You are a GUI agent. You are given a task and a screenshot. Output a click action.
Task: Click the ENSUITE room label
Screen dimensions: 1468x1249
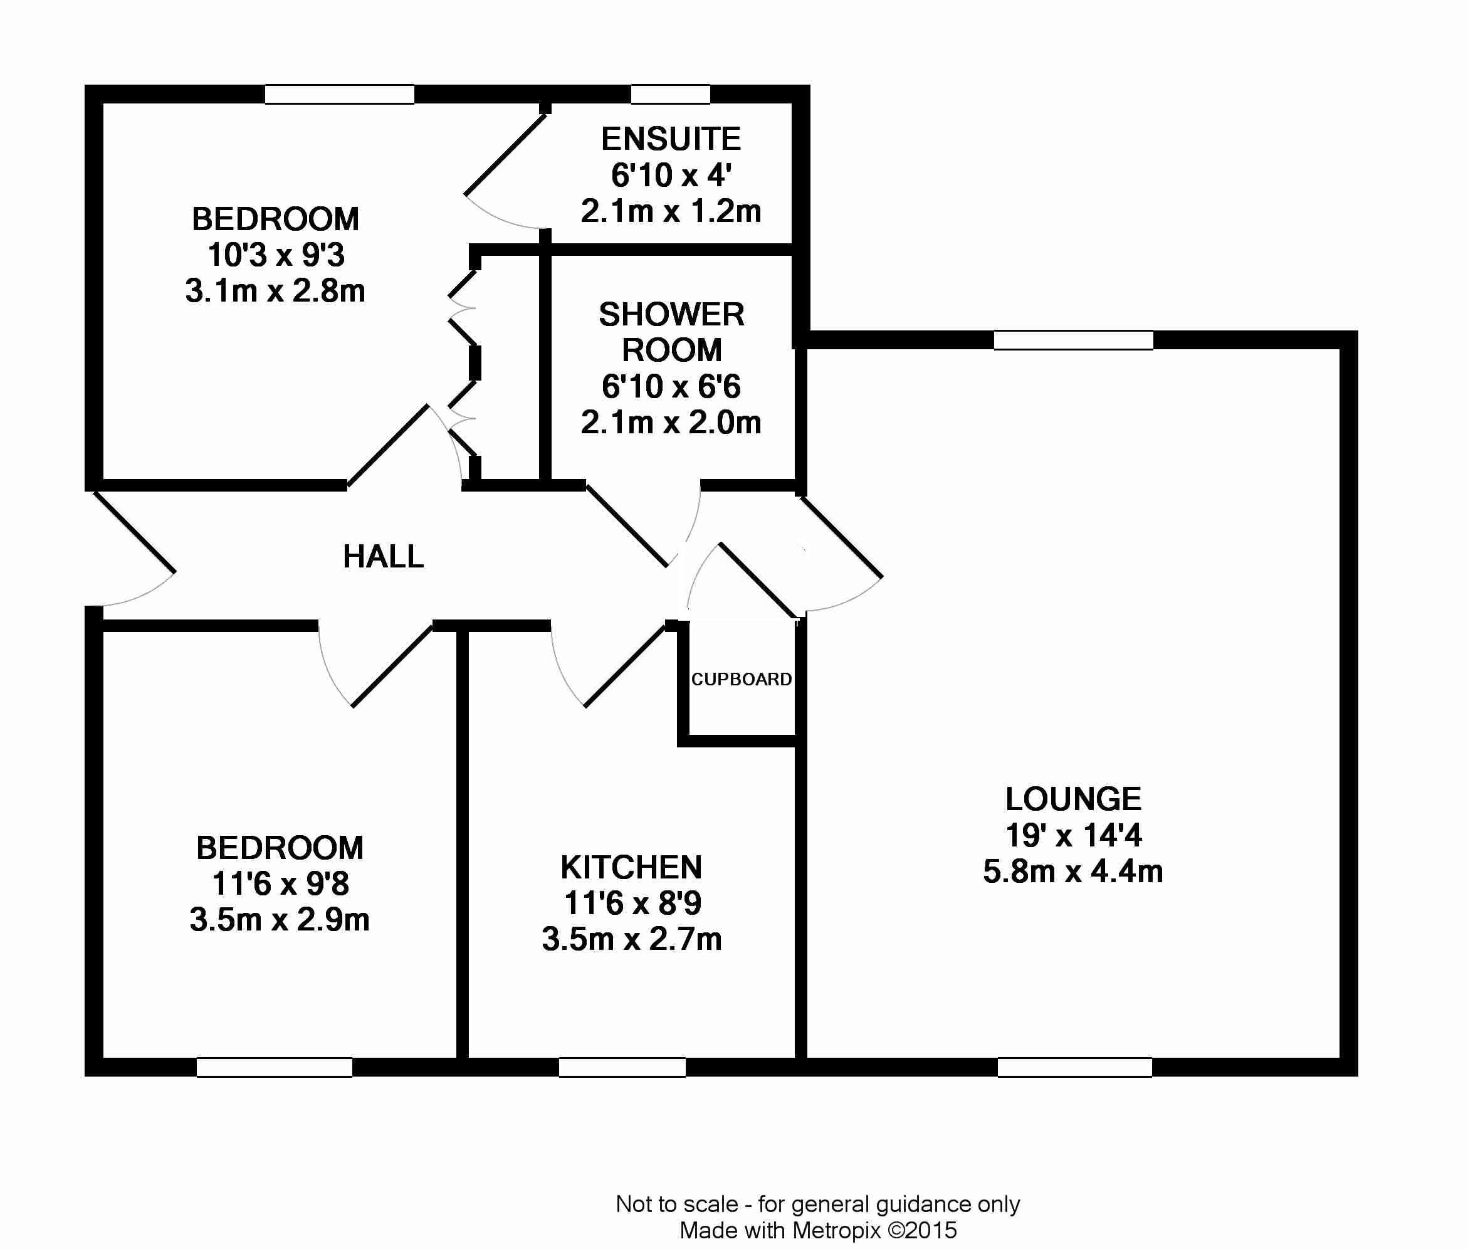point(671,139)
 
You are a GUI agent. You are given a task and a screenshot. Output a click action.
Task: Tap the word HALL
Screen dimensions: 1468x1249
point(384,557)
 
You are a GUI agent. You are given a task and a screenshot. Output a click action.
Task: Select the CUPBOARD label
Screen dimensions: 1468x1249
point(741,679)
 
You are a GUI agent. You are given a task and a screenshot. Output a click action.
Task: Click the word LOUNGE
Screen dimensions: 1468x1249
point(1073,799)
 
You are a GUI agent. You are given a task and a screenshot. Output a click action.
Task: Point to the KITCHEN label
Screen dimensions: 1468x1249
point(631,867)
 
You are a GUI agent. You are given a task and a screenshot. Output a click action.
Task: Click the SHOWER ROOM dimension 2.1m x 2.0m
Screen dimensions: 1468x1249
point(671,423)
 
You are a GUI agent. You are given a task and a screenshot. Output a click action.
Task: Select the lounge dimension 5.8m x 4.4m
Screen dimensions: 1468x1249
point(1073,871)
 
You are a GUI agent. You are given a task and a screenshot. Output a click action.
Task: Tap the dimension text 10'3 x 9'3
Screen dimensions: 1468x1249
point(276,255)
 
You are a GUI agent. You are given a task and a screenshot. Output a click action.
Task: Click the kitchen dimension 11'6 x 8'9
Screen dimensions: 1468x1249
point(632,903)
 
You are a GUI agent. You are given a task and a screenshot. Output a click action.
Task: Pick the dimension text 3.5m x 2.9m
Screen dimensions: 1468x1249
point(280,920)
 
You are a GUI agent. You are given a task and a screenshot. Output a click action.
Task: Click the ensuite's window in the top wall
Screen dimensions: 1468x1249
point(670,94)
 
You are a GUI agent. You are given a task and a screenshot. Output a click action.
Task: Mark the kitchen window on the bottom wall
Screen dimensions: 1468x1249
point(622,1067)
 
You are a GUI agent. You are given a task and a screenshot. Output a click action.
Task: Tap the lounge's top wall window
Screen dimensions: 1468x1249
point(1074,340)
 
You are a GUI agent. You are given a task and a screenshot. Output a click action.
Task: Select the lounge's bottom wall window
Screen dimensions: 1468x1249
point(1075,1067)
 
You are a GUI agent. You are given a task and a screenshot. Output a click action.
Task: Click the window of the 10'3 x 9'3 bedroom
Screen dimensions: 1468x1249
point(340,94)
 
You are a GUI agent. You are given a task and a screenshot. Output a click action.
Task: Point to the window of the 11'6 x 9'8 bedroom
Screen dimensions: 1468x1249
point(275,1067)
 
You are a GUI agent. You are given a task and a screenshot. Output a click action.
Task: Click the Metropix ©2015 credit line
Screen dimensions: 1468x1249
point(817,1231)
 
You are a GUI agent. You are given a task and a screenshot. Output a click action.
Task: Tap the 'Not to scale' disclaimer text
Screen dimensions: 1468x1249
point(817,1204)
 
